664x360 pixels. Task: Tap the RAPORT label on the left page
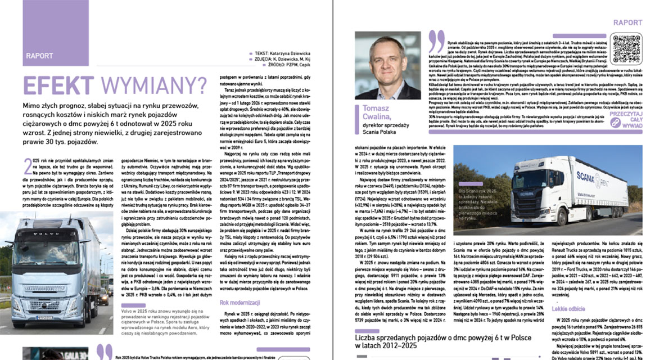tap(39, 56)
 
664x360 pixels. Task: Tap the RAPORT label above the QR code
tap(627, 23)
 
